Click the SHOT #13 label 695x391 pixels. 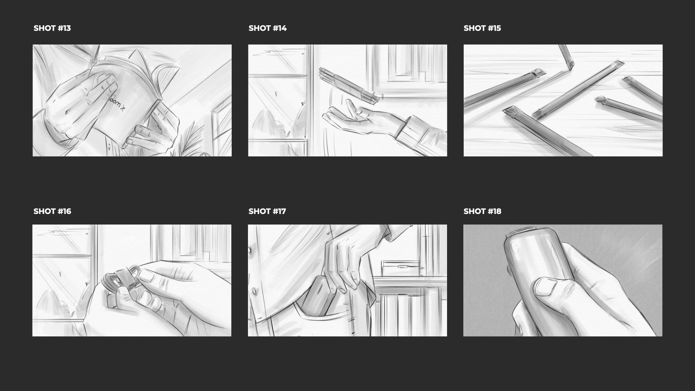coord(52,28)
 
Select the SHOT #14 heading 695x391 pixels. coord(268,28)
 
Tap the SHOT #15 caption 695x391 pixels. coord(482,28)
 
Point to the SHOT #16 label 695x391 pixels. coord(52,211)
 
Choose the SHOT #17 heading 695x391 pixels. coord(267,211)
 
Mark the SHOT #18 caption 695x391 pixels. coord(482,211)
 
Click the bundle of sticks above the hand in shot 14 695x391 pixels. coord(348,84)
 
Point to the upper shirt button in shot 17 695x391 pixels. coord(250,250)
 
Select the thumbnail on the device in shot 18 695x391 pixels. coord(547,287)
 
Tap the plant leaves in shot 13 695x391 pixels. coord(190,139)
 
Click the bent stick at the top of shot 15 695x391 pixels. coord(566,57)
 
